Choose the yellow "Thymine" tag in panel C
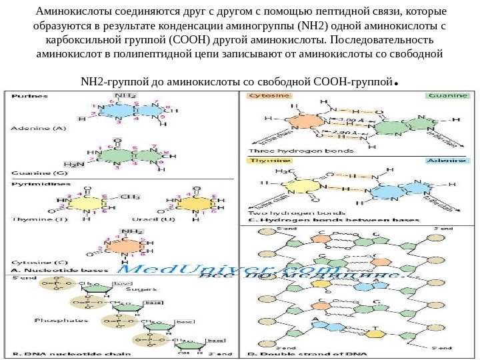click(264, 161)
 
